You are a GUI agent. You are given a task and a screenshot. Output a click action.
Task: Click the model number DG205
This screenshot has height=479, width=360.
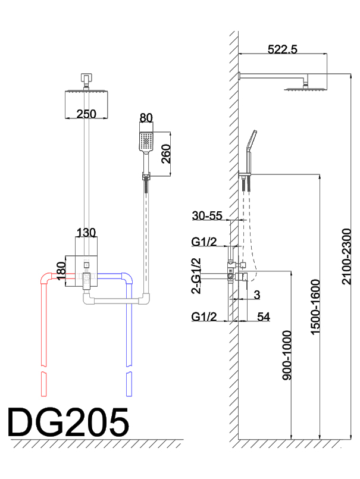[x=68, y=423]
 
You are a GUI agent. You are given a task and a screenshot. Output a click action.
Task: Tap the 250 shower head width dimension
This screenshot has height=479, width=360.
[x=87, y=114]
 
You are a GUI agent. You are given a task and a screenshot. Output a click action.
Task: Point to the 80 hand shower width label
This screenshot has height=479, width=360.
[x=146, y=118]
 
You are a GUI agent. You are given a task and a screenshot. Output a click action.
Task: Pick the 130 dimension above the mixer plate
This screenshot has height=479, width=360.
[x=86, y=231]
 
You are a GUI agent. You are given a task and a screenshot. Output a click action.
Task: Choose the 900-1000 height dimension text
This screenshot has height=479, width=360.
[x=287, y=357]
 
